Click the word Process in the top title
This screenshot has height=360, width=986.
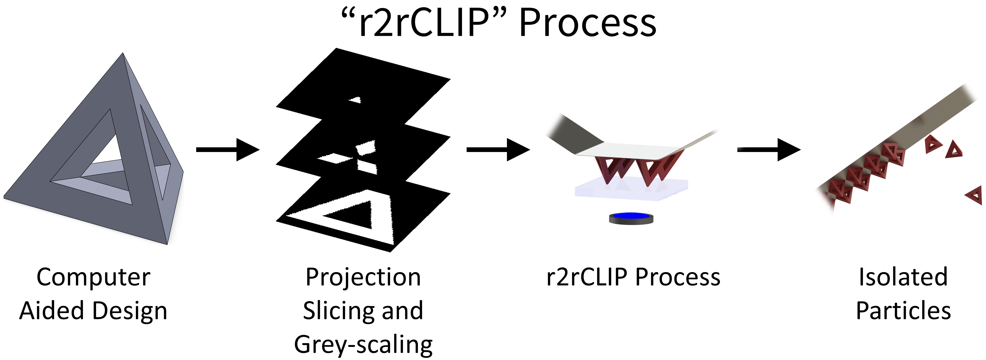point(588,24)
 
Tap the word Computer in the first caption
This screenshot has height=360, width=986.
point(93,277)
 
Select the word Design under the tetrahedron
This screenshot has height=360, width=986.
point(130,310)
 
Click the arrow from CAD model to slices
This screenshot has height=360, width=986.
point(228,150)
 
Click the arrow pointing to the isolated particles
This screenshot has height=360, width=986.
point(769,150)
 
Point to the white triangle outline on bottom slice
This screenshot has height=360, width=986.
point(383,230)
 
